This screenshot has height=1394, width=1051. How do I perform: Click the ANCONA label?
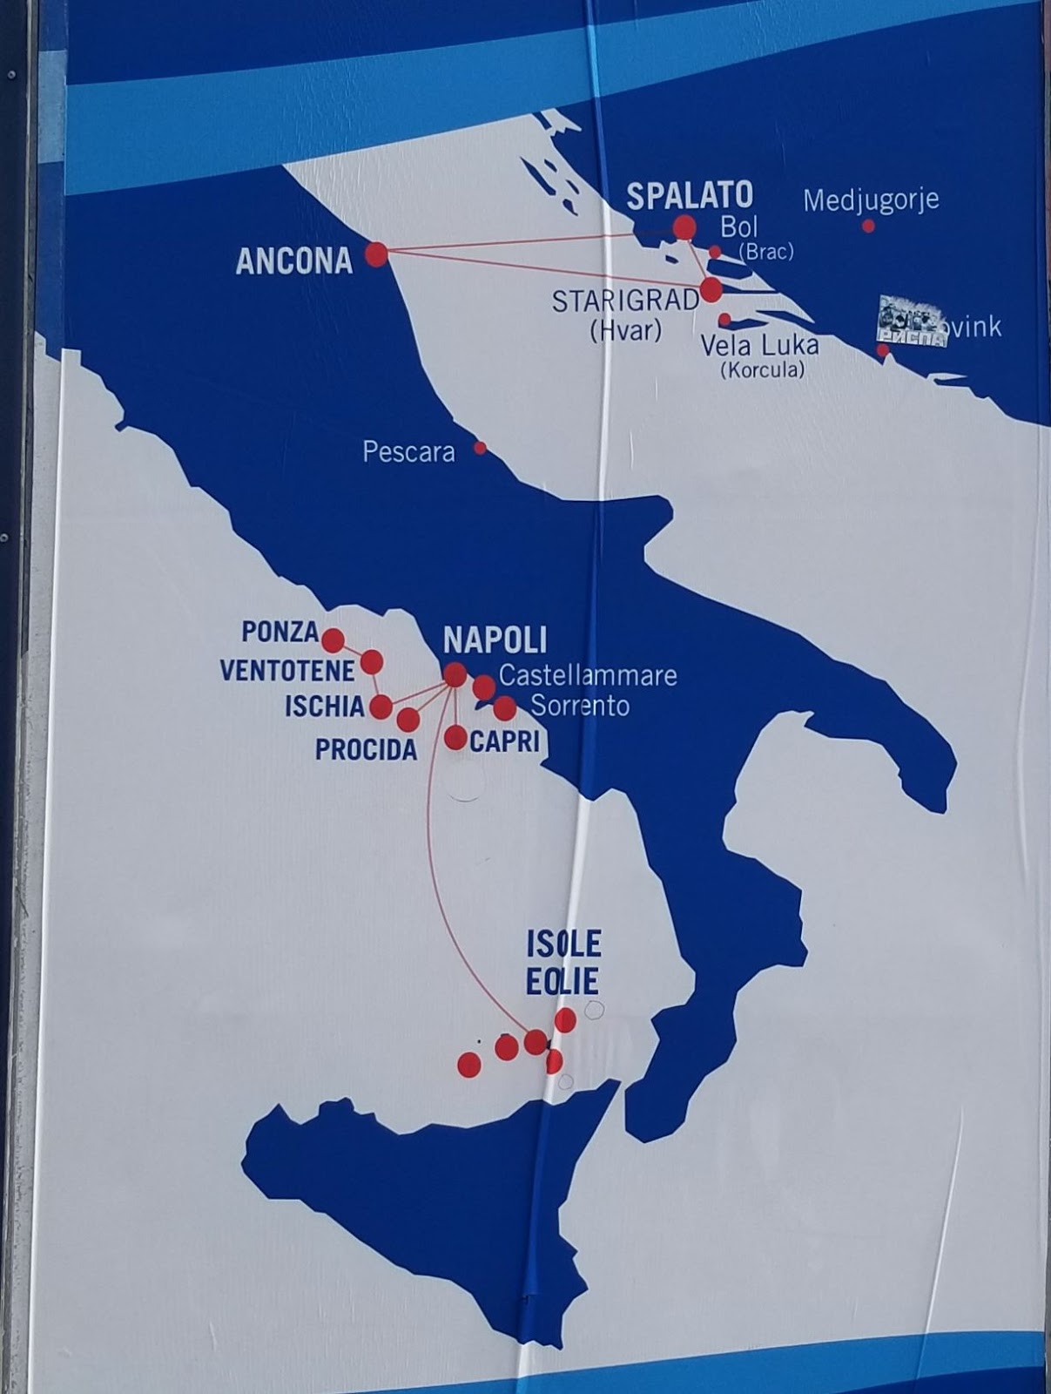(x=294, y=261)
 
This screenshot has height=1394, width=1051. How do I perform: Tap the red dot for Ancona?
(x=376, y=254)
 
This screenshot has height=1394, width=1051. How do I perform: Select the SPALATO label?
(x=690, y=196)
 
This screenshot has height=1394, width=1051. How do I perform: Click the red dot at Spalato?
(x=684, y=228)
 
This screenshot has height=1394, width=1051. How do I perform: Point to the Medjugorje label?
(x=871, y=200)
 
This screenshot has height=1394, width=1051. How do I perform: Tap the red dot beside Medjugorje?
(x=868, y=226)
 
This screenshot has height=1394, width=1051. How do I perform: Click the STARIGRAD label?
(x=626, y=301)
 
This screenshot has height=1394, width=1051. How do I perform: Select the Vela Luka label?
(x=760, y=346)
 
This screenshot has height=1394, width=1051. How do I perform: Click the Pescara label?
(x=408, y=452)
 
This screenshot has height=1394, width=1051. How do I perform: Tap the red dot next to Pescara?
(x=480, y=448)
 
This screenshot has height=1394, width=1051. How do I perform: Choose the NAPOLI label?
(x=495, y=640)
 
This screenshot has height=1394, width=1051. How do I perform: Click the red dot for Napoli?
(x=455, y=673)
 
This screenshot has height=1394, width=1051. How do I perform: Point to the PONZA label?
(x=280, y=632)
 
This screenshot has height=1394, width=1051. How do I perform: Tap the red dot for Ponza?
(x=333, y=641)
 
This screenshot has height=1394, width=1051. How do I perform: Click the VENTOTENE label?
(x=287, y=671)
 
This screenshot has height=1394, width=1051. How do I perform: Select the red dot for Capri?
(x=455, y=739)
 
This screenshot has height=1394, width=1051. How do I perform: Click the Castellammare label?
(x=588, y=675)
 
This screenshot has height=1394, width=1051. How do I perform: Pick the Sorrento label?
(x=580, y=706)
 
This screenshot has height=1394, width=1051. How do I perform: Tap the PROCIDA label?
(x=366, y=749)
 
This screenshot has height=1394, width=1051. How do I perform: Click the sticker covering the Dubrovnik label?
(x=911, y=321)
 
